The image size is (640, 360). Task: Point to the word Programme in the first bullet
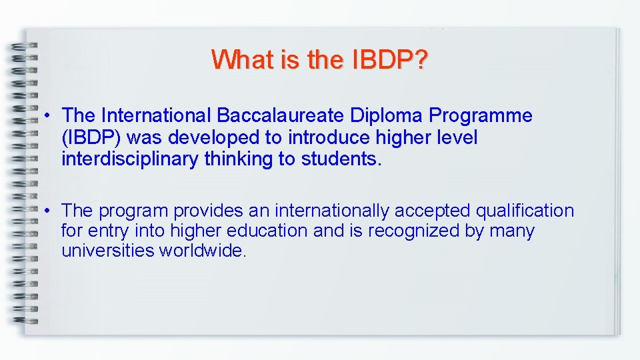click(481, 115)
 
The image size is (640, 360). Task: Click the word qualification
click(525, 211)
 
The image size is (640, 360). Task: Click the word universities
click(107, 251)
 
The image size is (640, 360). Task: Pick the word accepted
click(433, 211)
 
